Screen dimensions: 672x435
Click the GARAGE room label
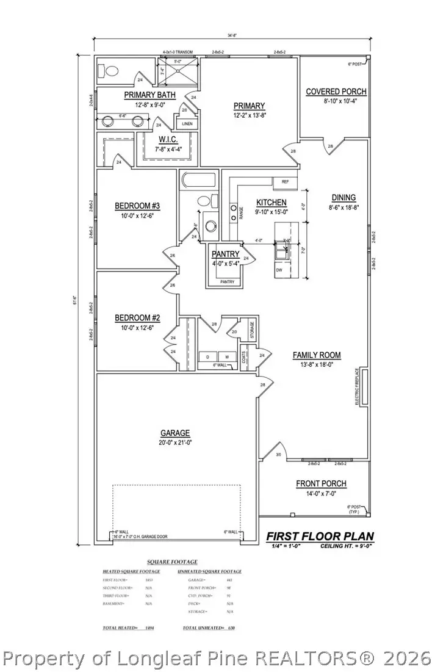pyautogui.click(x=175, y=433)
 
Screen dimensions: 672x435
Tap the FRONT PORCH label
pyautogui.click(x=321, y=483)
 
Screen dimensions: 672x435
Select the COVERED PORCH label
pyautogui.click(x=336, y=92)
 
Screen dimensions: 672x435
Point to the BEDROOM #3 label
pyautogui.click(x=137, y=206)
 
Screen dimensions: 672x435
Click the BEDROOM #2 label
pyautogui.click(x=137, y=317)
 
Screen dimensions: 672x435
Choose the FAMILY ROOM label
pyautogui.click(x=317, y=355)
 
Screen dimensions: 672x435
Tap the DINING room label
pyautogui.click(x=343, y=197)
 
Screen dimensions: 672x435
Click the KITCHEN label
pyautogui.click(x=271, y=202)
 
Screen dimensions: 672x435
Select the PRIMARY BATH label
pyautogui.click(x=150, y=95)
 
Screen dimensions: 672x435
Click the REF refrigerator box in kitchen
pyautogui.click(x=285, y=182)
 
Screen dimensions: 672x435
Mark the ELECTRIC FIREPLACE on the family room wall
pyautogui.click(x=364, y=387)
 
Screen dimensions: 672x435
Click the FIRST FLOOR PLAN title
pyautogui.click(x=320, y=537)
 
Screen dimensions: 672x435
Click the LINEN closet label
pyautogui.click(x=187, y=123)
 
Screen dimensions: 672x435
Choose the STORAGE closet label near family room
pyautogui.click(x=251, y=330)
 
